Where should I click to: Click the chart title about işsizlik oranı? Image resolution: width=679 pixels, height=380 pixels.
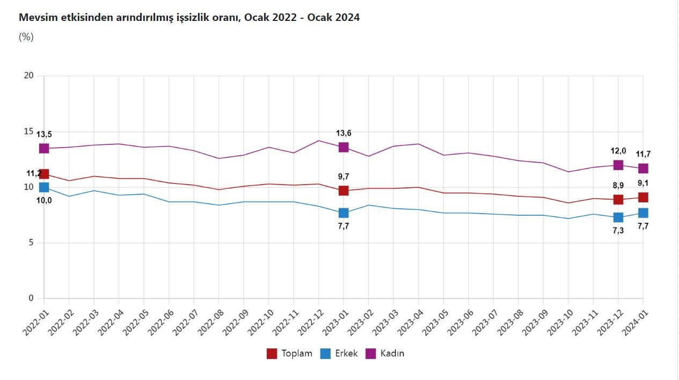click(x=189, y=18)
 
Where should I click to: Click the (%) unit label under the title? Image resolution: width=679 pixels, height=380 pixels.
click(x=26, y=37)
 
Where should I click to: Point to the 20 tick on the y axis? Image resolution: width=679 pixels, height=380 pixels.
click(x=28, y=76)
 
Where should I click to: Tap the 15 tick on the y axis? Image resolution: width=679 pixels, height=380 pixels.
click(x=28, y=131)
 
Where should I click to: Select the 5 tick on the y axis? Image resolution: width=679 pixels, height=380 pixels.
click(x=31, y=243)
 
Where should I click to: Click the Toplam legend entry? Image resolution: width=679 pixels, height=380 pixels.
click(x=289, y=354)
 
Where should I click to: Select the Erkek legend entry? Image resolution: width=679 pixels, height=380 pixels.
click(x=339, y=354)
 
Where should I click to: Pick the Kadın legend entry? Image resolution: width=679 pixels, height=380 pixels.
click(x=385, y=354)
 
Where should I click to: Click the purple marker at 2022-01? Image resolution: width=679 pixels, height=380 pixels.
click(x=44, y=148)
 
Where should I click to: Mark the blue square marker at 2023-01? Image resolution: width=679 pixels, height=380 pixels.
click(x=344, y=213)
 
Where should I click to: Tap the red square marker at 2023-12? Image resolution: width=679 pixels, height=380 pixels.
click(x=618, y=200)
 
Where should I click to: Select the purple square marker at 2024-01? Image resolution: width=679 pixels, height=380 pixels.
click(x=643, y=169)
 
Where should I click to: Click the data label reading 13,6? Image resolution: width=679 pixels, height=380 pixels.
click(x=344, y=134)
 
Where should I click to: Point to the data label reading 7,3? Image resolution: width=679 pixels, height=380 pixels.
click(x=618, y=230)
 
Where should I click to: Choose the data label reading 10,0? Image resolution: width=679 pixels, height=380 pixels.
click(x=44, y=201)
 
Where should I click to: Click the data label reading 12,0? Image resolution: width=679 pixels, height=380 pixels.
click(x=618, y=151)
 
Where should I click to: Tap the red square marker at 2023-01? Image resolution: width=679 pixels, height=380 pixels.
click(x=344, y=191)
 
